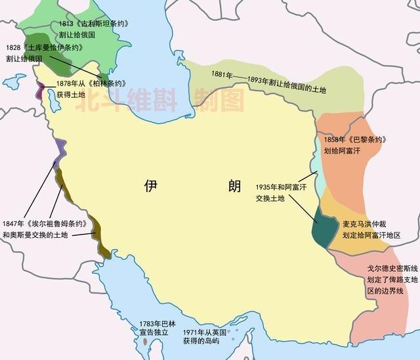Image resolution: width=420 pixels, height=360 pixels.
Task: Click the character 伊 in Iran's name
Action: [152, 186]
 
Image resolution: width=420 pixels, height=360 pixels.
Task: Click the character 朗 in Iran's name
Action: [234, 186]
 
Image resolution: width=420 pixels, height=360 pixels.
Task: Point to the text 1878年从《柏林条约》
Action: [91, 83]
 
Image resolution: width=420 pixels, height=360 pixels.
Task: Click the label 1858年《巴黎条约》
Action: [351, 139]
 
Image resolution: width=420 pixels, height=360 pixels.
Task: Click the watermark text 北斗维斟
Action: [121, 100]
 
